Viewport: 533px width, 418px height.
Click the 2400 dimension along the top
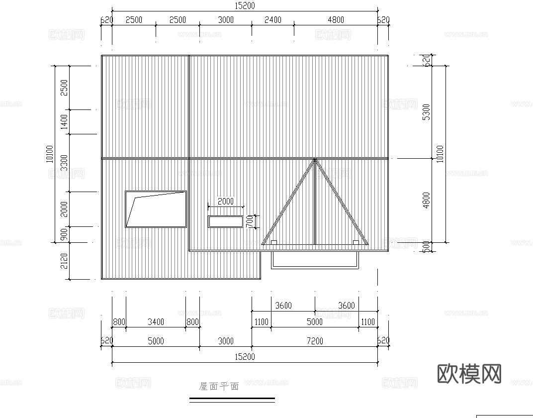click(x=272, y=20)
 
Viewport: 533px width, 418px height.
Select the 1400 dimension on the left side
click(x=64, y=122)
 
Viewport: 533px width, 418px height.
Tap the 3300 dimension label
click(x=64, y=163)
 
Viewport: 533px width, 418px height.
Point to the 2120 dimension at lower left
click(x=64, y=261)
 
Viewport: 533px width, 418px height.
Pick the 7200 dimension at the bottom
click(x=314, y=341)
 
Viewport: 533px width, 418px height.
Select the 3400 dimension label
click(x=156, y=322)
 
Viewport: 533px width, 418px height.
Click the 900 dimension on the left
click(x=64, y=235)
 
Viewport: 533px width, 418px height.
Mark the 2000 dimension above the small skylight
click(x=226, y=202)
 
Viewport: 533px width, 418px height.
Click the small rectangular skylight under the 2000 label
click(x=225, y=221)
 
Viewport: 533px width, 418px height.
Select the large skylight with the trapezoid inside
click(x=156, y=209)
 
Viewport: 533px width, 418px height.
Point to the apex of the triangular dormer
click(x=315, y=160)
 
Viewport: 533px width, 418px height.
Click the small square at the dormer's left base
click(x=273, y=242)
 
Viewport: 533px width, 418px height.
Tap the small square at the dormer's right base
click(x=355, y=242)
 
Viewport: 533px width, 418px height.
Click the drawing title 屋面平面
click(x=219, y=386)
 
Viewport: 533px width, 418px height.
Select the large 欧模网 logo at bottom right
click(x=469, y=373)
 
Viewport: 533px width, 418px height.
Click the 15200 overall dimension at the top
click(x=245, y=5)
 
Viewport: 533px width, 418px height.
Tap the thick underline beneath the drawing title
click(x=232, y=399)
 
